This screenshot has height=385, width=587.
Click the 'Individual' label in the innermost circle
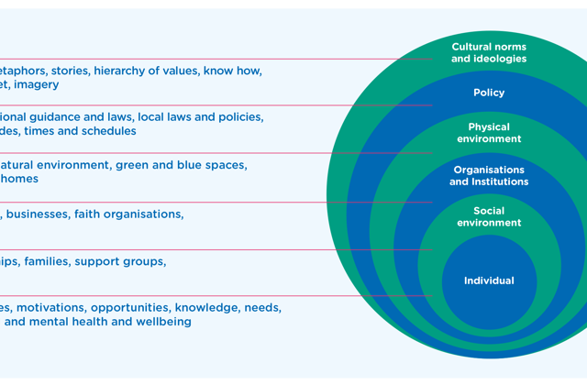[489, 280]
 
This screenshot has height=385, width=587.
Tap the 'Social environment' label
[489, 217]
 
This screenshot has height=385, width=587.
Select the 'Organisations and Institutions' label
[489, 176]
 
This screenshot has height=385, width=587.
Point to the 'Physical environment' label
[489, 133]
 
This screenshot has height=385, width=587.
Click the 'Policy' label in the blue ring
[489, 93]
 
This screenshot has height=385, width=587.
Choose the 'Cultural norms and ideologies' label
[489, 52]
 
